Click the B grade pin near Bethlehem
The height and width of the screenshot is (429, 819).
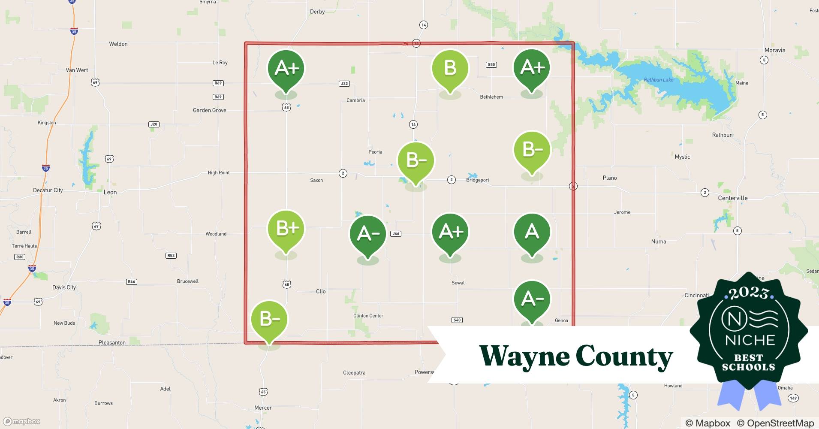click(450, 69)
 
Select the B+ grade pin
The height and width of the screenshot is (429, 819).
click(286, 229)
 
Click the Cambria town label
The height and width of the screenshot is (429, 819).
click(355, 100)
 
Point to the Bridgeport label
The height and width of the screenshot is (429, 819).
click(477, 180)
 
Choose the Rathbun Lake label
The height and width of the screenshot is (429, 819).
click(658, 80)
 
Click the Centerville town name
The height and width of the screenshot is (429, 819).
click(732, 198)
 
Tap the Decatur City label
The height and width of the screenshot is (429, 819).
click(48, 190)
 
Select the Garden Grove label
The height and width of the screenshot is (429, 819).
click(209, 110)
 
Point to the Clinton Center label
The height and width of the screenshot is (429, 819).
click(368, 316)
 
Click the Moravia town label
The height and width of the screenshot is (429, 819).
click(774, 50)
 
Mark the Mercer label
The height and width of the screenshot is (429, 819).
click(263, 408)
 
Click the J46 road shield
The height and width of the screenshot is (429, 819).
click(395, 234)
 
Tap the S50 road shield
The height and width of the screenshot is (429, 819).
click(491, 65)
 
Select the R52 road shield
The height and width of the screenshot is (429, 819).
click(171, 256)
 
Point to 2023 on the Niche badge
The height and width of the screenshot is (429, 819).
click(748, 293)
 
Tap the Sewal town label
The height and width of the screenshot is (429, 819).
click(458, 283)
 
